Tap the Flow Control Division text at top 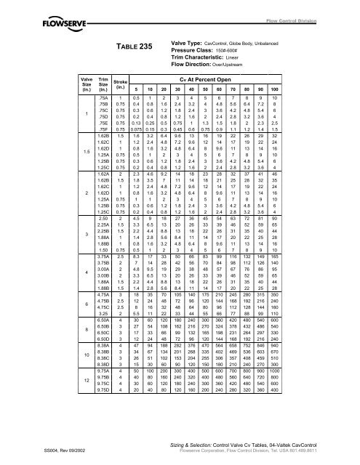click(315, 10)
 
